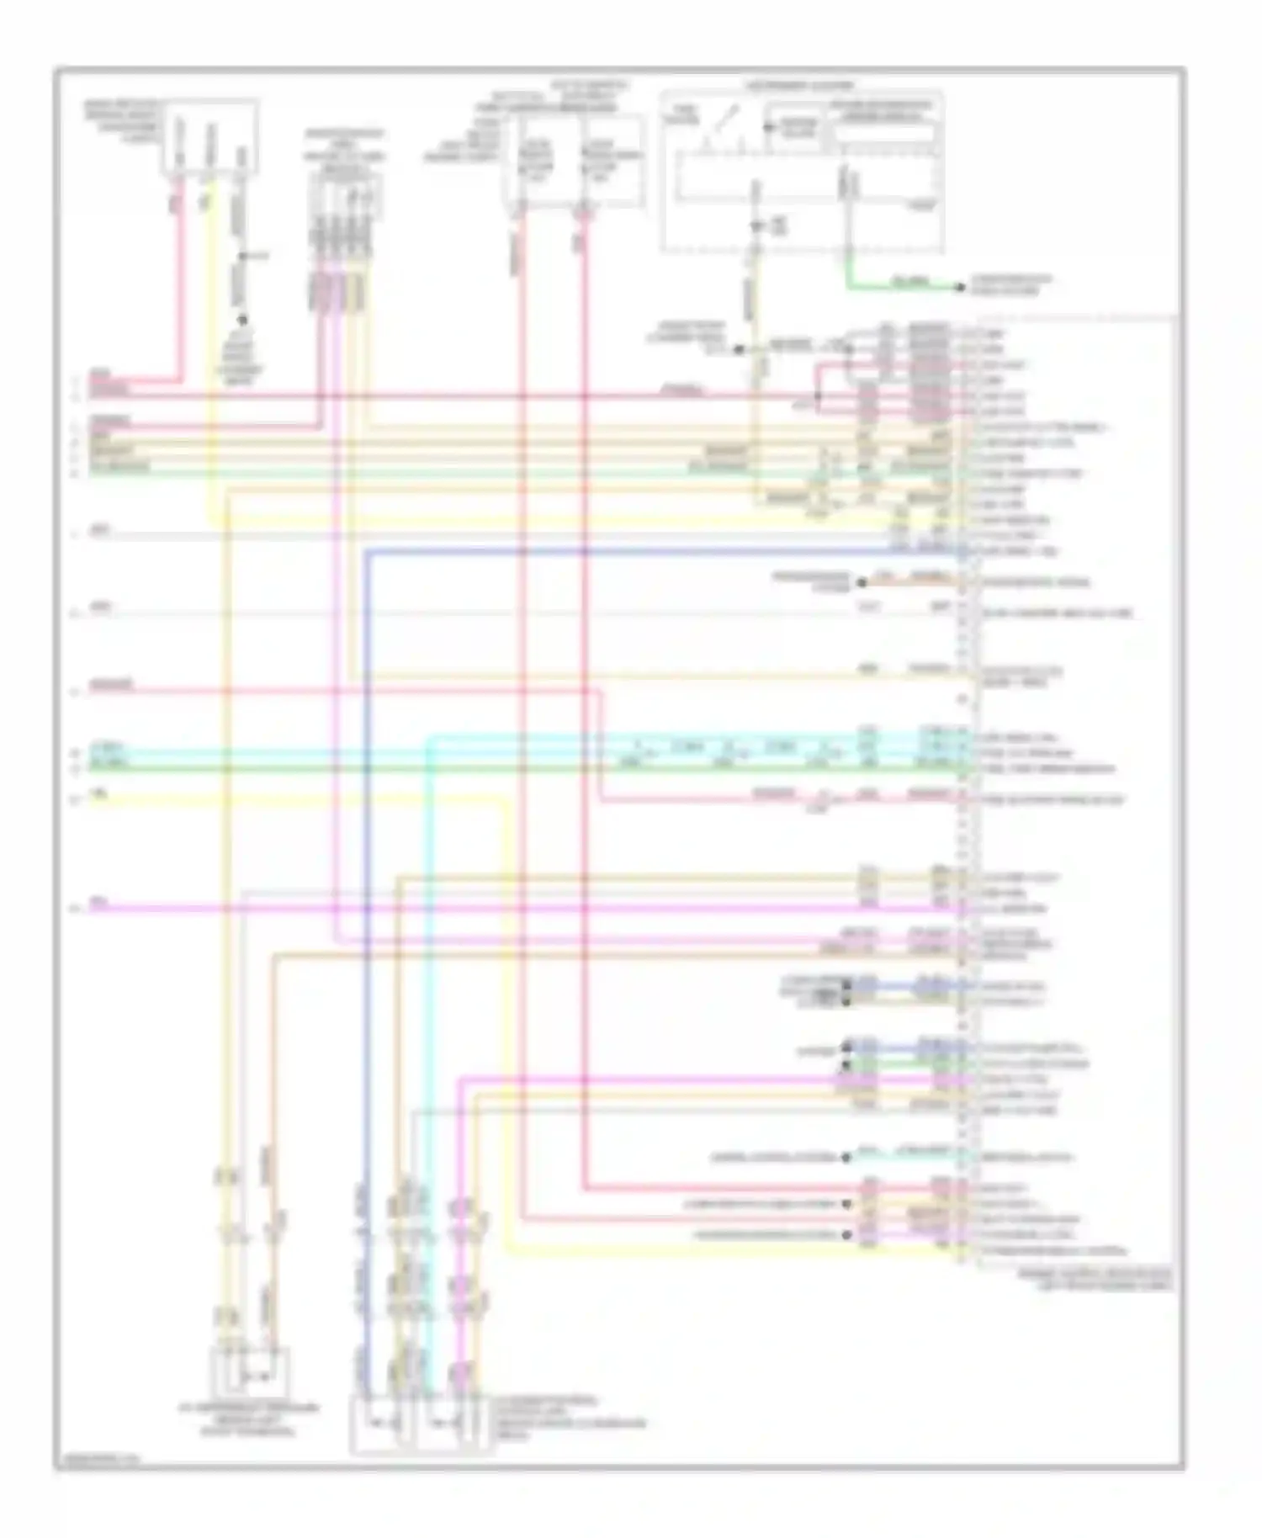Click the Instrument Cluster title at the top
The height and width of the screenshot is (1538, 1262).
click(x=799, y=86)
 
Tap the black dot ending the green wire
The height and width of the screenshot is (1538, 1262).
click(x=960, y=288)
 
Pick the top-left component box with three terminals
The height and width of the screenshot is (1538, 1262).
click(x=210, y=138)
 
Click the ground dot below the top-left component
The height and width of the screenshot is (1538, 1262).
click(x=242, y=321)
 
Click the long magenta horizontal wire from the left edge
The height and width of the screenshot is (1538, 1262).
click(x=505, y=909)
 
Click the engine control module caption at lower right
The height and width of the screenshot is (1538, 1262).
click(x=1094, y=1280)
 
